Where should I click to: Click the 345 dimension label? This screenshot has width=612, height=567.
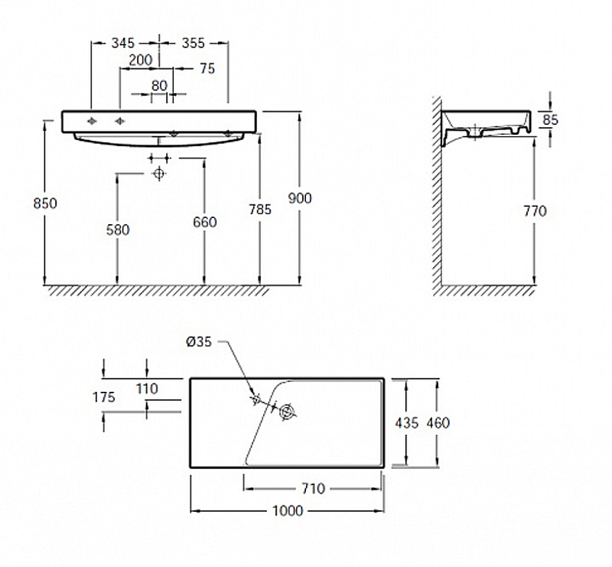(x=124, y=43)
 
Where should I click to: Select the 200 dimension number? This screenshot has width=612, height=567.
(x=140, y=60)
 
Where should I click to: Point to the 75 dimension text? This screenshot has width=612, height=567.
(x=207, y=68)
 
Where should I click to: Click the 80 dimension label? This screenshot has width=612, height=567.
(x=158, y=85)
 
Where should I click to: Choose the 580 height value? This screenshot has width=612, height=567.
(x=118, y=229)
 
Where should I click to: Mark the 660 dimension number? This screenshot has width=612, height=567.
(x=204, y=222)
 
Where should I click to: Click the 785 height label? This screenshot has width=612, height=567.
(x=260, y=208)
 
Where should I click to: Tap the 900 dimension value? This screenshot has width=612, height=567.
(x=300, y=198)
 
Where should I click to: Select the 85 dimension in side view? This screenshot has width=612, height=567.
(x=549, y=120)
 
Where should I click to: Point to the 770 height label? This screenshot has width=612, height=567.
(x=534, y=210)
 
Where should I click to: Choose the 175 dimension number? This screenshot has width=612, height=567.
(x=103, y=397)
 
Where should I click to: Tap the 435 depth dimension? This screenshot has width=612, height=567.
(x=406, y=422)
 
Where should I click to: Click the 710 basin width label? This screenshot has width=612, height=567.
(x=314, y=488)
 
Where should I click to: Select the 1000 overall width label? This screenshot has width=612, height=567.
(x=287, y=510)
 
